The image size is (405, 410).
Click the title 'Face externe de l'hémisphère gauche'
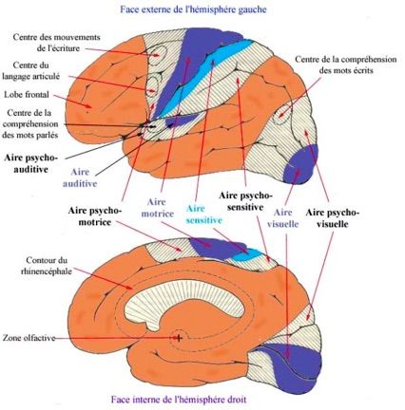pyautogui.click(x=193, y=9)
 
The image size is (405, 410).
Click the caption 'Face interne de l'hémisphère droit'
pyautogui.click(x=179, y=400)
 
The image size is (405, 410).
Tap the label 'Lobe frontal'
pyautogui.click(x=27, y=94)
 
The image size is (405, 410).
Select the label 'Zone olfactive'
pyautogui.click(x=29, y=338)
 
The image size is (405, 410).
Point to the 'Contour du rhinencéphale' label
pyautogui.click(x=47, y=266)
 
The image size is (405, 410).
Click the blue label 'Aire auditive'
pyautogui.click(x=80, y=177)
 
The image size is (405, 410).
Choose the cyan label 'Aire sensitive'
pyautogui.click(x=203, y=214)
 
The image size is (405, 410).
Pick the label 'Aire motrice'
pyautogui.click(x=158, y=208)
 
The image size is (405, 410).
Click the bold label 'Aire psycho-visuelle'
pyautogui.click(x=333, y=218)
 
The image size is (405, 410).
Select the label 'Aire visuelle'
pyautogui.click(x=282, y=218)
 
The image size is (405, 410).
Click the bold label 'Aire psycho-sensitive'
pyautogui.click(x=245, y=201)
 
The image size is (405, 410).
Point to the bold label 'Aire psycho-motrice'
pyautogui.click(x=95, y=216)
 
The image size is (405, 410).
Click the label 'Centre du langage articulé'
pyautogui.click(x=31, y=71)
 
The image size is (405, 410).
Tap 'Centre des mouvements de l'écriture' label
pyautogui.click(x=56, y=43)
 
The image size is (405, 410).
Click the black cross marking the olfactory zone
pyautogui.click(x=179, y=338)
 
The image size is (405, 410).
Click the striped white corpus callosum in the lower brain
pyautogui.click(x=185, y=301)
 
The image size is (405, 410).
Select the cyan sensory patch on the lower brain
pyautogui.click(x=248, y=255)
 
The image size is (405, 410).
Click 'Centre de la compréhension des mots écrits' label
pyautogui.click(x=346, y=65)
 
